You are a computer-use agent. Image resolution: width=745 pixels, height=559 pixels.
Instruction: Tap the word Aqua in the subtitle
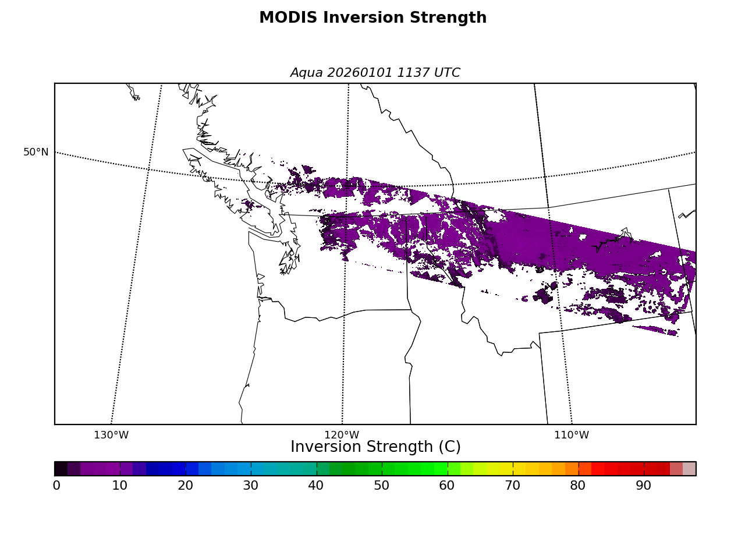[x=307, y=73]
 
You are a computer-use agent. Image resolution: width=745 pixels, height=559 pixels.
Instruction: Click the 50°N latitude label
[x=36, y=153]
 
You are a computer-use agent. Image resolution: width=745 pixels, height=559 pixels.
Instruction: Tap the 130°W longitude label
[x=111, y=436]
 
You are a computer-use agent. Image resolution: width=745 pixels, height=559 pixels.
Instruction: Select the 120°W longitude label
[x=342, y=436]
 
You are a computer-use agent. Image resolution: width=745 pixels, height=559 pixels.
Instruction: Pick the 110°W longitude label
[x=572, y=436]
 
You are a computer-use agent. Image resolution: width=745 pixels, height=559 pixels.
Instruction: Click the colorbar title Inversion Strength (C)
[x=375, y=447]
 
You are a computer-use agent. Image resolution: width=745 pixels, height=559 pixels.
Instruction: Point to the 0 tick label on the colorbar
[x=56, y=486]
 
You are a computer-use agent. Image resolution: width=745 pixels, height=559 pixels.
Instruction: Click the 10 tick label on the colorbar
[x=120, y=486]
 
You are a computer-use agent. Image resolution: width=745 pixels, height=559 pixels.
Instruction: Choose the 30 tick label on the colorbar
[x=251, y=486]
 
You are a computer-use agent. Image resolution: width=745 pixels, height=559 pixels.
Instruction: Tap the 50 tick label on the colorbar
[x=382, y=486]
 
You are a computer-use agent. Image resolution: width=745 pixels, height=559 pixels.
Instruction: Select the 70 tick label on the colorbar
[x=513, y=486]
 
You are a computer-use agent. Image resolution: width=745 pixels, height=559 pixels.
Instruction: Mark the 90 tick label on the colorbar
[x=644, y=486]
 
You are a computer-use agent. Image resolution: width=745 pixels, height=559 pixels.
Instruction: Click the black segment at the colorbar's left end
[x=61, y=469]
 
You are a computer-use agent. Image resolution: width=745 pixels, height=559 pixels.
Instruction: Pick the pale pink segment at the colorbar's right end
[x=690, y=469]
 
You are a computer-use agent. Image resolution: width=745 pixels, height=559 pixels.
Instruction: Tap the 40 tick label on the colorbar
[x=316, y=486]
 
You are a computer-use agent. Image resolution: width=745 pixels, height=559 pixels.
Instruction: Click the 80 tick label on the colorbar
[x=578, y=486]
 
